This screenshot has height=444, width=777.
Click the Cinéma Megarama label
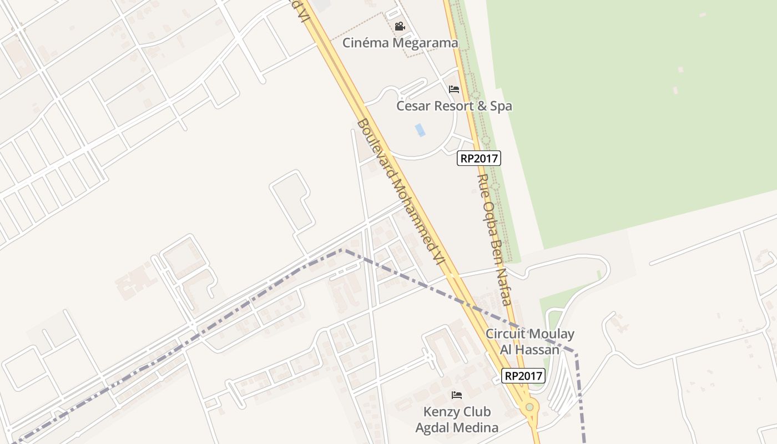[x=400, y=43]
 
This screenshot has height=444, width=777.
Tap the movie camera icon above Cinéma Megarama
[x=400, y=26]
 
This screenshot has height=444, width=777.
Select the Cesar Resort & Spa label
[x=454, y=106]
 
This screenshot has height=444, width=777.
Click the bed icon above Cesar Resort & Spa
[x=454, y=89]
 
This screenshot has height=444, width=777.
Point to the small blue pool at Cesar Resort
[x=420, y=130]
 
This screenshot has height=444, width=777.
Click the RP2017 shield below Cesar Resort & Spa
[x=479, y=159]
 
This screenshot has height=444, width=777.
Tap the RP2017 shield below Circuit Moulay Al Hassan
[x=523, y=376]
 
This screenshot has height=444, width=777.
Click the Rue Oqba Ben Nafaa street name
[x=494, y=240]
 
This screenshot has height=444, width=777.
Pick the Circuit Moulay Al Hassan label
[x=529, y=342]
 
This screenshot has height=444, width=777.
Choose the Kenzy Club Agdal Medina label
[x=457, y=420]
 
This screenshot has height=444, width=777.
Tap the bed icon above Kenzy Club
[x=457, y=395]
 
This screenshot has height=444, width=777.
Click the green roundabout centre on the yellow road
[x=529, y=407]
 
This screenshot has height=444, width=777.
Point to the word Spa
[x=501, y=106]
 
